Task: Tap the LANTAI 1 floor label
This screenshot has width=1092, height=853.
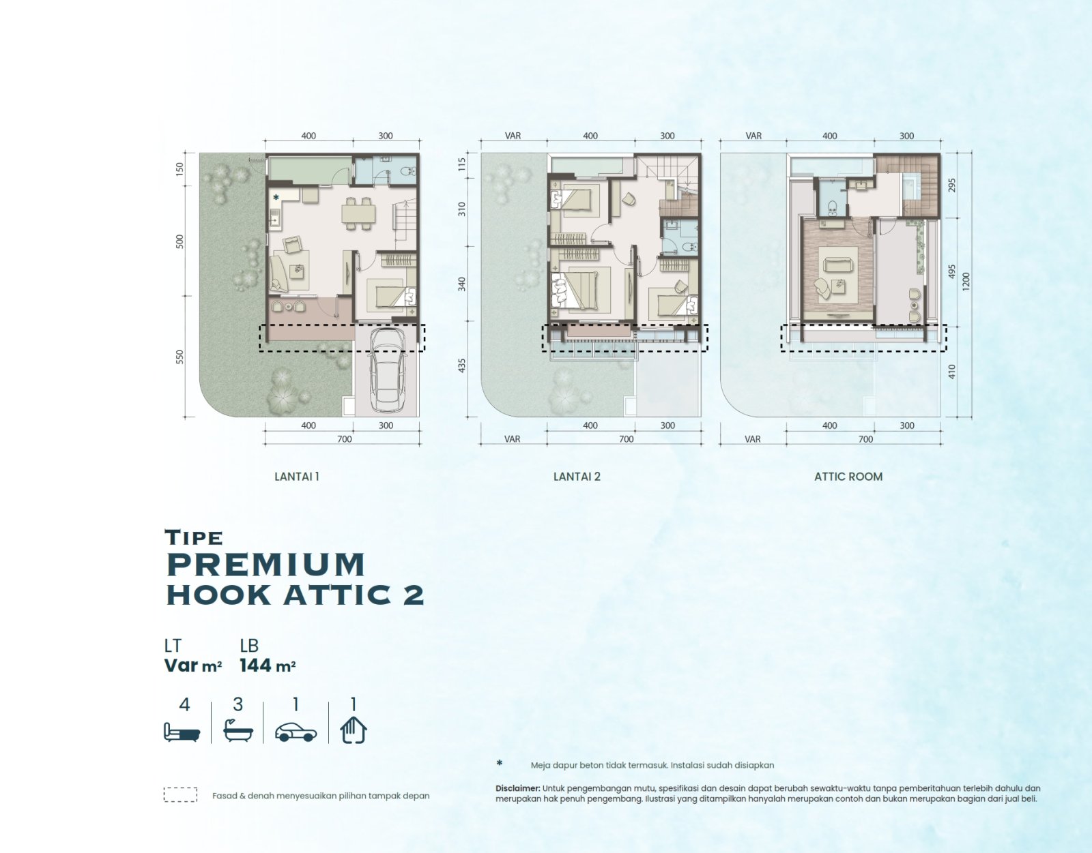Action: click(x=296, y=477)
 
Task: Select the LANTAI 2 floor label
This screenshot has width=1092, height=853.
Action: click(x=577, y=477)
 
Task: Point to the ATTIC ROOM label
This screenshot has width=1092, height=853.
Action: click(x=848, y=477)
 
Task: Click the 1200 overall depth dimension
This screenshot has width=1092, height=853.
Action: click(x=965, y=282)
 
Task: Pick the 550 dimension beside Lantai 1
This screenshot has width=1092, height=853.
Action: click(x=179, y=357)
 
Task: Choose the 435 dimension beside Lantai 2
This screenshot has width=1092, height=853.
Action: click(x=462, y=365)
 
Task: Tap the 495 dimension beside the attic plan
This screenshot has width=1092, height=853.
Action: click(x=951, y=271)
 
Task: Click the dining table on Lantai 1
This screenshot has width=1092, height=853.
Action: click(x=358, y=214)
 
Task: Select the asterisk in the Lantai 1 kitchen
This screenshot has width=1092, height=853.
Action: click(x=276, y=198)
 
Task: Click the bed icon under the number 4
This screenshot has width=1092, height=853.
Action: click(x=182, y=732)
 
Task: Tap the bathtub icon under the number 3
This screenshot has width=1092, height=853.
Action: click(x=238, y=730)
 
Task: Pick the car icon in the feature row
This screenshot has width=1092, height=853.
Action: click(x=296, y=732)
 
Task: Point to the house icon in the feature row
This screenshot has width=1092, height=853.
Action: click(x=354, y=730)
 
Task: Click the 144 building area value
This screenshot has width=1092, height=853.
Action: click(x=255, y=665)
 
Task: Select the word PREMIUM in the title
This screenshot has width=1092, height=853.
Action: click(x=266, y=565)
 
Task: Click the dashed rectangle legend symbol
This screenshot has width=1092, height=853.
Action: click(x=180, y=794)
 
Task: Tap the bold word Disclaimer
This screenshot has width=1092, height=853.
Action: click(x=517, y=788)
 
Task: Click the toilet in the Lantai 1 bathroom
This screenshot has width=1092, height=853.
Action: click(x=408, y=171)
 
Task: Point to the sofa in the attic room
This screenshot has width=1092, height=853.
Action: click(x=837, y=264)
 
